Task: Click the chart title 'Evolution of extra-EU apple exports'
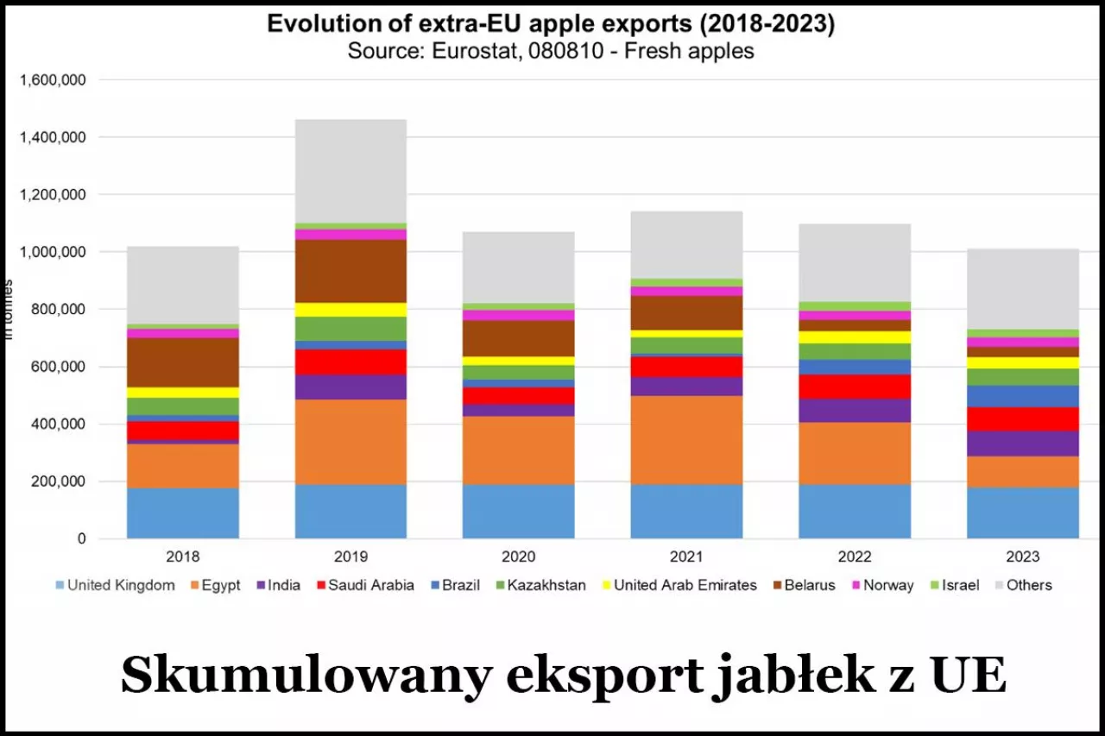551,23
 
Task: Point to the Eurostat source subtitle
551,51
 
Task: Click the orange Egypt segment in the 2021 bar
686,440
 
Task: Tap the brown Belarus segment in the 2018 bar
183,362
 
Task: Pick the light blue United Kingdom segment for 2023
1022,513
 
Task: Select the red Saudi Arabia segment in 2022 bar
855,387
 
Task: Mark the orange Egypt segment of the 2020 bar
518,450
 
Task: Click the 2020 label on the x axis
518,557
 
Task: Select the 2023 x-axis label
1022,557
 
